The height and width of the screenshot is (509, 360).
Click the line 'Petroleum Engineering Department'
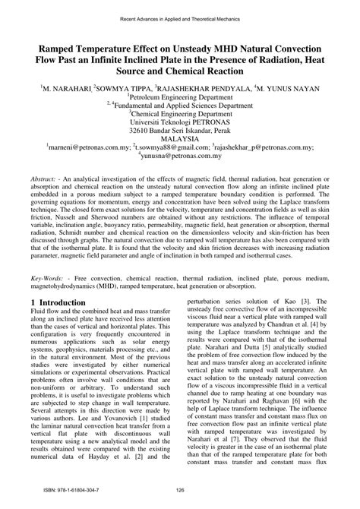tap(180, 98)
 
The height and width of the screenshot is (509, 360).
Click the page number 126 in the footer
tap(180, 499)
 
